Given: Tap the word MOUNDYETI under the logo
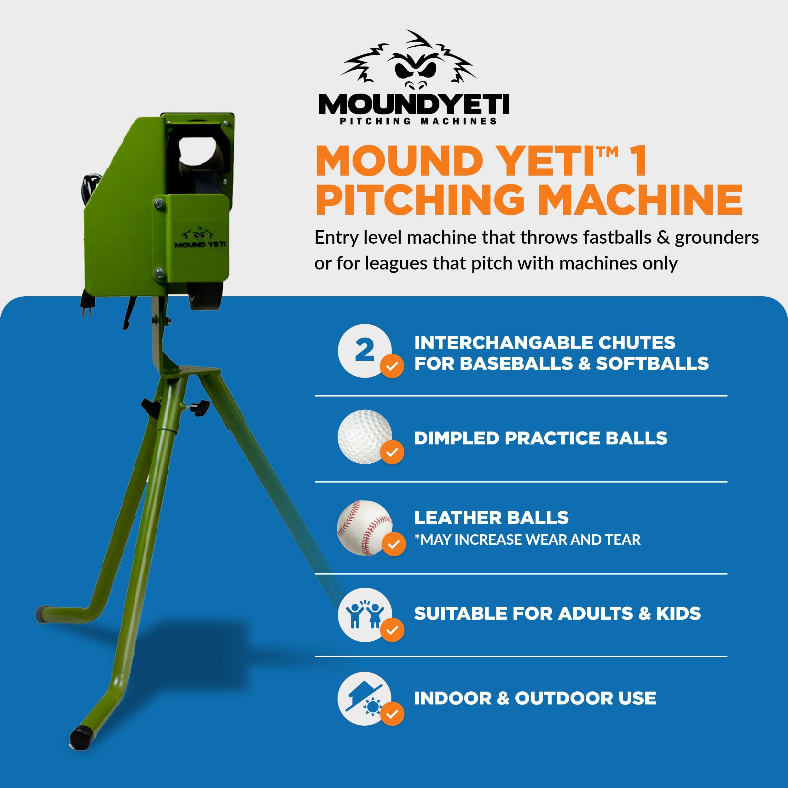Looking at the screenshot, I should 414,105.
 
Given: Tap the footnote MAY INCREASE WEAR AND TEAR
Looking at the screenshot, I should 530,540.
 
